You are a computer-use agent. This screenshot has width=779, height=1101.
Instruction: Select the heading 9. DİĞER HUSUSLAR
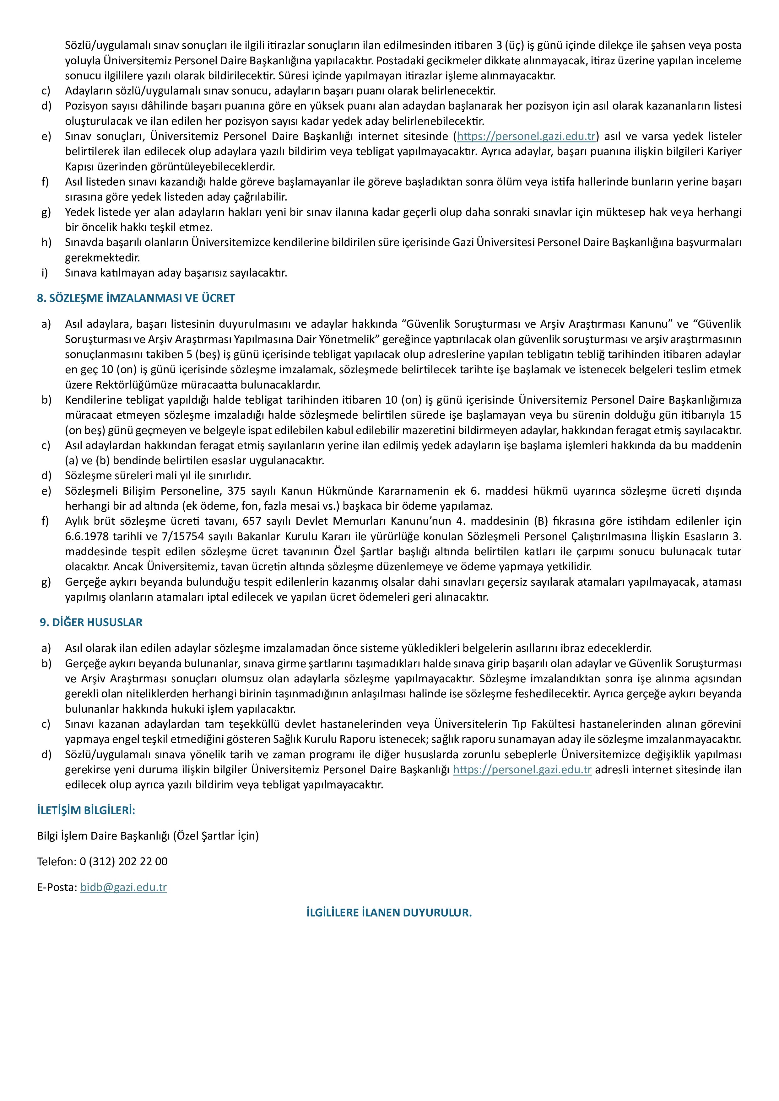pos(91,622)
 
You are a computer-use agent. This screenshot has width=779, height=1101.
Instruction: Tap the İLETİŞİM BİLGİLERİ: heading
pos(86,810)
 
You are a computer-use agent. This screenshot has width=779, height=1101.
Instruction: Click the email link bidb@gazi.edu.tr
pos(123,887)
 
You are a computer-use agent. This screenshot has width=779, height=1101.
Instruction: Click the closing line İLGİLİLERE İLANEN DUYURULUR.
pos(389,913)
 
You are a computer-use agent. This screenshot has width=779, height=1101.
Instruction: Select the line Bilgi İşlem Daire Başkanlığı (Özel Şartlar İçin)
pos(148,836)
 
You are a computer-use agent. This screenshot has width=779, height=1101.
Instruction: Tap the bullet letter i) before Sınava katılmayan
pos(45,273)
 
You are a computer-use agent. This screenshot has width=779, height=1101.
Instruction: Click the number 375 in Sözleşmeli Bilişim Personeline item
pos(236,491)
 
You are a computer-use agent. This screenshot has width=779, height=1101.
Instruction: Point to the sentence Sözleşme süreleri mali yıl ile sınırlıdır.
pos(158,476)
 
